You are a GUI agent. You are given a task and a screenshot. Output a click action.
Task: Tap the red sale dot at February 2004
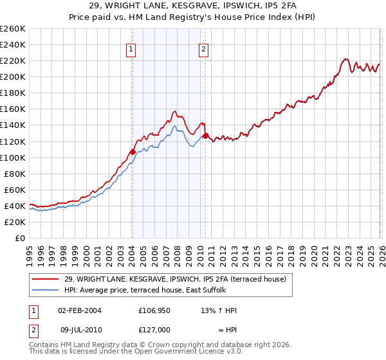[x=133, y=152]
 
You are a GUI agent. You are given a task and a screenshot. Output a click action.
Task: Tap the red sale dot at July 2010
[x=205, y=136]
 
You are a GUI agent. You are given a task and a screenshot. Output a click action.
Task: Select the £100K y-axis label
[x=13, y=157]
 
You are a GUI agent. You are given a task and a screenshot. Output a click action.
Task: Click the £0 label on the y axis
[x=19, y=238]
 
